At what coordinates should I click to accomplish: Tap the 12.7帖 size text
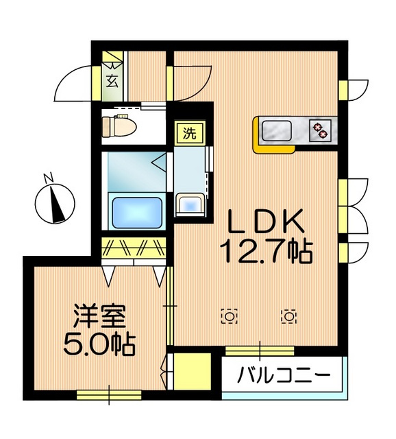[266, 252]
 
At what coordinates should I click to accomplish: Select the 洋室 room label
[100, 318]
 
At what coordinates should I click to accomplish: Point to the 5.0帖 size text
[100, 343]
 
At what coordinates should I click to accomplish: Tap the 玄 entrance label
[112, 80]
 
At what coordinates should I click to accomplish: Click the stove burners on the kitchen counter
[319, 128]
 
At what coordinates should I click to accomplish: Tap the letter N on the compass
[49, 178]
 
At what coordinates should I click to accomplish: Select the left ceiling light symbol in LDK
[229, 316]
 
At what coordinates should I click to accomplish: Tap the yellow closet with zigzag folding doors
[134, 248]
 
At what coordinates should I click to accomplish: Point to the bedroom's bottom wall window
[109, 394]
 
